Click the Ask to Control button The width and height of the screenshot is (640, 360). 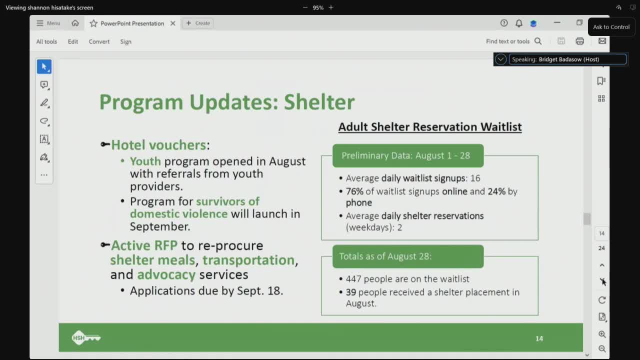coord(611,27)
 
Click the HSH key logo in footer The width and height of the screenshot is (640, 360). coord(86,338)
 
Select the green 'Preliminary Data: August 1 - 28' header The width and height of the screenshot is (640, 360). coord(407,155)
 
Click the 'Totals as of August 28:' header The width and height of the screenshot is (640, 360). coord(407,256)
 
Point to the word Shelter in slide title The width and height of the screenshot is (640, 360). coord(319,102)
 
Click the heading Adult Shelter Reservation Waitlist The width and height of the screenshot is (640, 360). coord(429,127)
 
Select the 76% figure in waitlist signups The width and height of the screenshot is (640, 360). coord(354,191)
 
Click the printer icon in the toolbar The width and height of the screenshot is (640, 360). coord(579,41)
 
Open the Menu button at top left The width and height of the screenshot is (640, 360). coord(48,23)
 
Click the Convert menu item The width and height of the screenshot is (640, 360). coord(99,41)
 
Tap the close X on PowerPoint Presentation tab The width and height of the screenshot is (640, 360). coord(172,23)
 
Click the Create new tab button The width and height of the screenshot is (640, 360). coord(198,23)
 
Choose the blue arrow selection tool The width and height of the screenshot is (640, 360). coord(44,66)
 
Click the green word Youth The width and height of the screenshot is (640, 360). coord(145,161)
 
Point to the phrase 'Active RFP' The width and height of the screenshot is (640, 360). coord(144,245)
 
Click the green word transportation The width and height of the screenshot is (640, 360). coord(248,260)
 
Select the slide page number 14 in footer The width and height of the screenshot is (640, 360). coord(539,338)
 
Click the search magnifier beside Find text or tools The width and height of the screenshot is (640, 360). coord(538,41)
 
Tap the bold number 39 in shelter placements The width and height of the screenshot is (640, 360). coord(351,292)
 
